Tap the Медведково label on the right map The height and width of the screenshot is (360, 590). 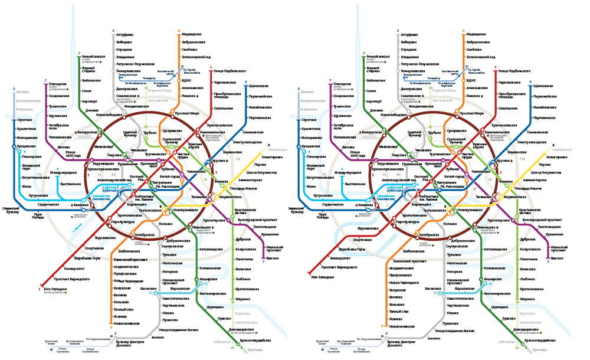pyautogui.click(x=478, y=34)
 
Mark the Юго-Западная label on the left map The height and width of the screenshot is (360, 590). pyautogui.click(x=55, y=290)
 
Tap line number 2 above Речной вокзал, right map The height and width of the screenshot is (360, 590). pyautogui.click(x=361, y=53)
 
